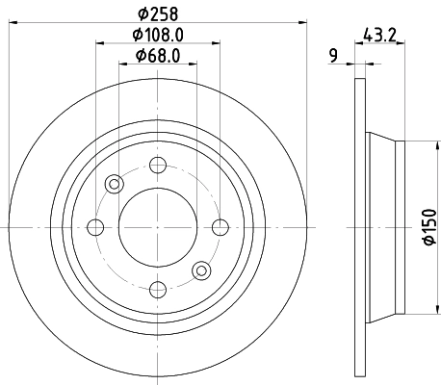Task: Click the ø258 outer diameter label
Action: coord(158,13)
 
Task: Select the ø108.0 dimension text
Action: coord(158,35)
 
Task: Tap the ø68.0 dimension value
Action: coord(158,56)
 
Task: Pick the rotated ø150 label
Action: coord(429,227)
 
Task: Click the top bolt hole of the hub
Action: coord(158,165)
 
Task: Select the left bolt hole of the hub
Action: coord(95,227)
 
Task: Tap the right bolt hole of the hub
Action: coord(220,227)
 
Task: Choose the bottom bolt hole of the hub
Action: coord(158,290)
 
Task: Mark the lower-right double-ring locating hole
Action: coord(200,270)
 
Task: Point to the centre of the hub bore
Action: coord(158,227)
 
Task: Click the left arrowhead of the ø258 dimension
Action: coord(12,21)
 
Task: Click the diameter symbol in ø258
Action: coord(143,13)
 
